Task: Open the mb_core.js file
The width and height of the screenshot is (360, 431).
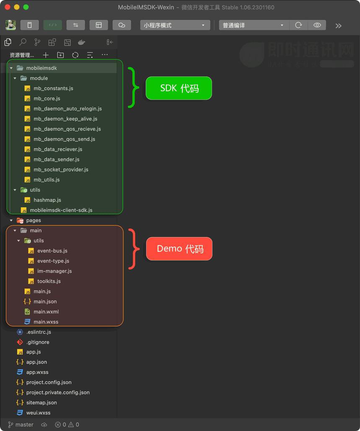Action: tap(47, 99)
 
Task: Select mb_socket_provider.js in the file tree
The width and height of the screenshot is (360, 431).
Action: tap(61, 170)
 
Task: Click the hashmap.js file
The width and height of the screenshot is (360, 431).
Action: tap(47, 200)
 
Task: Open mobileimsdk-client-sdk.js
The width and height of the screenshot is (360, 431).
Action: tap(61, 210)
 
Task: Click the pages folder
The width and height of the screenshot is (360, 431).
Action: tap(34, 220)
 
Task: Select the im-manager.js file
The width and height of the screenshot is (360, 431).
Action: tap(54, 271)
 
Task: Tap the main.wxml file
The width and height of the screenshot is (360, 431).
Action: tap(46, 312)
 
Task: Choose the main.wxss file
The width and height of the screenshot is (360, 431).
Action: tap(46, 322)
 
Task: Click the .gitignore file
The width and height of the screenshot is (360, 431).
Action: tap(37, 342)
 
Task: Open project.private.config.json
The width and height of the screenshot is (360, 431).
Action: tap(57, 392)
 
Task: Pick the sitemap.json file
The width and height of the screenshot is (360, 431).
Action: tap(41, 402)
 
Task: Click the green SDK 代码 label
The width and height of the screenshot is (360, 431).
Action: tap(179, 88)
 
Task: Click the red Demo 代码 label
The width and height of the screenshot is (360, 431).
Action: tap(179, 248)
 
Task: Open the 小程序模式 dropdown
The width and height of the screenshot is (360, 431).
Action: tap(175, 25)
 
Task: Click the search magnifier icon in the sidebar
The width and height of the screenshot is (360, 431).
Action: tap(23, 42)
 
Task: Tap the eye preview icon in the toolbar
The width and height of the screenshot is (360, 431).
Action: tap(317, 25)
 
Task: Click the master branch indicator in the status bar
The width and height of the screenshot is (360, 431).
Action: tap(21, 425)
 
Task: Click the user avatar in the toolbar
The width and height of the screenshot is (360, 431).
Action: tap(11, 25)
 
